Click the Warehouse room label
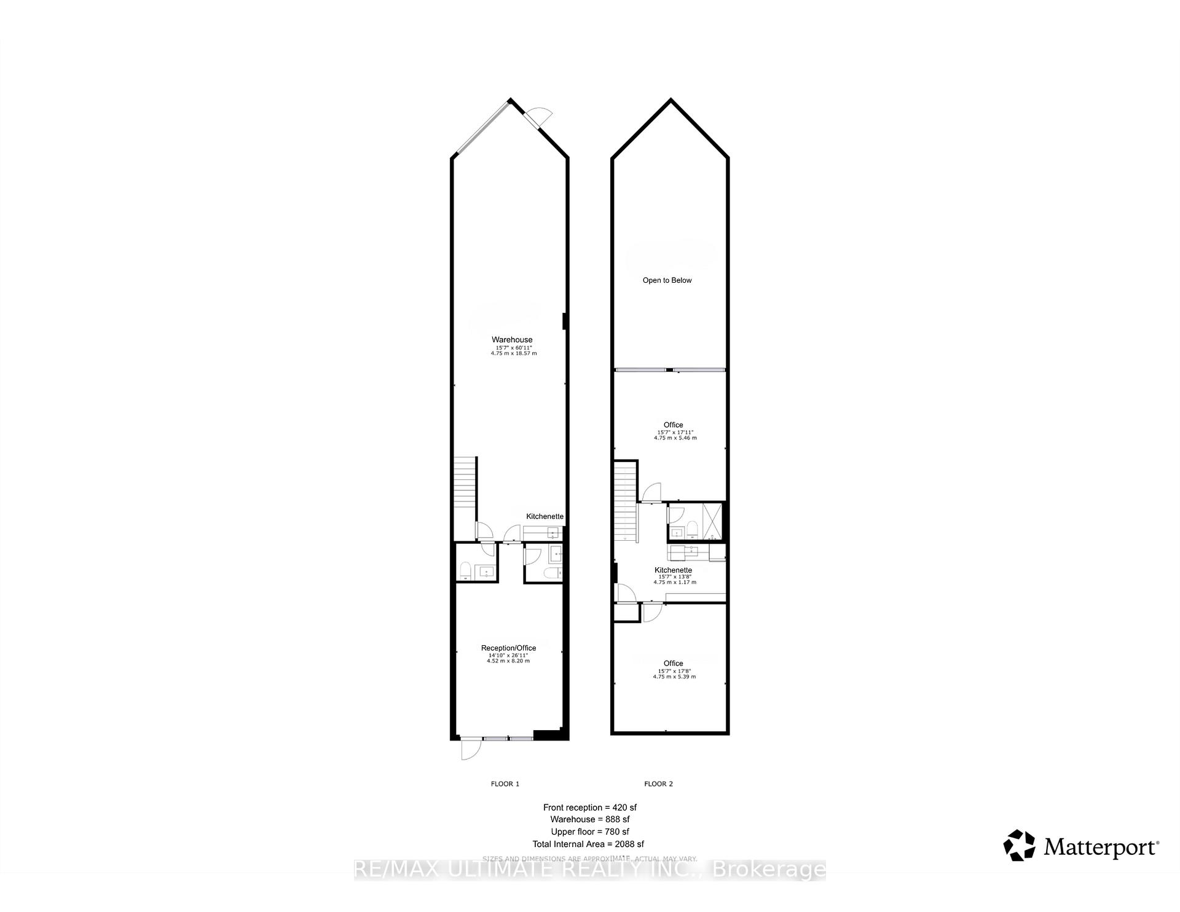[512, 340]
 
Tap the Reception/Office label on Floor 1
[508, 648]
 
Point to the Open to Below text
[667, 280]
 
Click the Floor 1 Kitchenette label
[545, 516]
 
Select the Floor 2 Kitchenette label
[673, 570]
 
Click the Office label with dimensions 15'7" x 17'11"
[673, 425]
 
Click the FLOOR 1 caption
[505, 784]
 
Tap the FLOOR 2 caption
[658, 784]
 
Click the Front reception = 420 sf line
[590, 807]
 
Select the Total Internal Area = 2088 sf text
[588, 844]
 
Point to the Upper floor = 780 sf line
[590, 831]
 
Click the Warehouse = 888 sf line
[590, 819]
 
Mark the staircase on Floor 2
[625, 501]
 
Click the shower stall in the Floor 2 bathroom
[713, 521]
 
